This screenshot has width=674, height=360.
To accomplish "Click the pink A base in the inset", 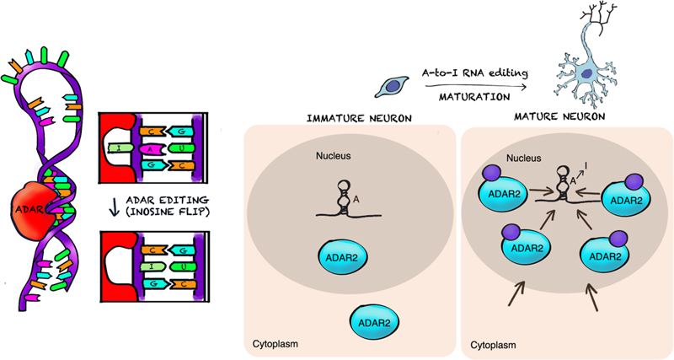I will (150, 149).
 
